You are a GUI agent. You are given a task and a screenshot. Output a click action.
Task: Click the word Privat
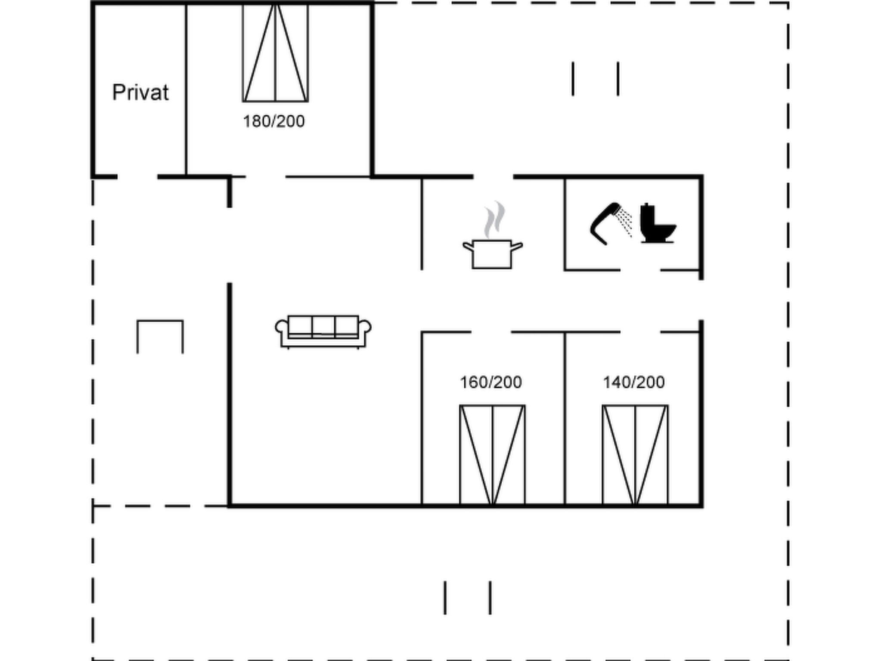coord(140,93)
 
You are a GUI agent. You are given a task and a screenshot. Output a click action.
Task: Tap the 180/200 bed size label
coord(274,122)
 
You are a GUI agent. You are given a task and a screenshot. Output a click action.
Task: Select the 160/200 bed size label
coord(491,382)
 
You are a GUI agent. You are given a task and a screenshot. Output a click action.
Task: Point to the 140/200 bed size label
coord(634,382)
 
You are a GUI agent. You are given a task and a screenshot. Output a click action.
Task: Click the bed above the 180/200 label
coord(276,53)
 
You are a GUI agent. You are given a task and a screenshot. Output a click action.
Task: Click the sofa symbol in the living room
coord(323,332)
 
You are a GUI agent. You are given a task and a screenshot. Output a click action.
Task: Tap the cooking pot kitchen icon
coord(493,254)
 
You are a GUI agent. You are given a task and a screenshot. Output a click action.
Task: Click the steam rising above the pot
coord(494,219)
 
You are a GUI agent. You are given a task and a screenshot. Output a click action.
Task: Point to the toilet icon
coord(658,223)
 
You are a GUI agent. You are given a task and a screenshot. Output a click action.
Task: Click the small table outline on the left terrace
coord(160,337)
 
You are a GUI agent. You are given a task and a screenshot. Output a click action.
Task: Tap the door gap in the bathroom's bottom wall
coord(640,270)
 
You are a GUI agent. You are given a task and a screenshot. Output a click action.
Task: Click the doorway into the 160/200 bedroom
coord(491,332)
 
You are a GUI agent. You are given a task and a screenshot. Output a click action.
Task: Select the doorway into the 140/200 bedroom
coord(640,332)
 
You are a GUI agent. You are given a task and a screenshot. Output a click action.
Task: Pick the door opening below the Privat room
coord(137,176)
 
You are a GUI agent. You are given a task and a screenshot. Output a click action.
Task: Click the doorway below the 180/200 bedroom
coord(265,176)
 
